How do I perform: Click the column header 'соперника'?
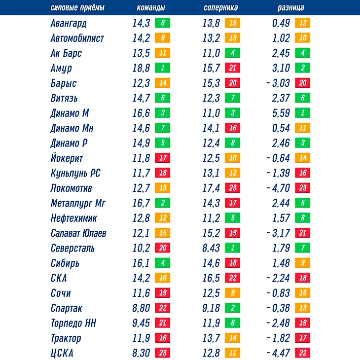pyautogui.click(x=220, y=8)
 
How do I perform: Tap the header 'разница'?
pyautogui.click(x=291, y=8)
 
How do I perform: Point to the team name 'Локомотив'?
pyautogui.click(x=71, y=188)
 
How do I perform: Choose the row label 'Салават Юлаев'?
pyautogui.click(x=78, y=233)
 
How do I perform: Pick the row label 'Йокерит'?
pyautogui.click(x=67, y=158)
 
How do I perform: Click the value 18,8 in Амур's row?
pyautogui.click(x=141, y=68)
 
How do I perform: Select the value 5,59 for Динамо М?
pyautogui.click(x=281, y=113)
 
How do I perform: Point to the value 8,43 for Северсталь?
pyautogui.click(x=211, y=248)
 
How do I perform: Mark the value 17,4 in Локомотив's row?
pyautogui.click(x=211, y=188)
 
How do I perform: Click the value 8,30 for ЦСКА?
pyautogui.click(x=141, y=354)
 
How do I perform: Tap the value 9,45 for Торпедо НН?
pyautogui.click(x=141, y=324)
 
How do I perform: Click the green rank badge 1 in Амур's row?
pyautogui.click(x=162, y=68)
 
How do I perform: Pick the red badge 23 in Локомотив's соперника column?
pyautogui.click(x=232, y=188)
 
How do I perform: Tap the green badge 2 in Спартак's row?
pyautogui.click(x=232, y=308)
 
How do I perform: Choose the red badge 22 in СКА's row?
pyautogui.click(x=232, y=278)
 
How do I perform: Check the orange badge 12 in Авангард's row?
pyautogui.click(x=302, y=23)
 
